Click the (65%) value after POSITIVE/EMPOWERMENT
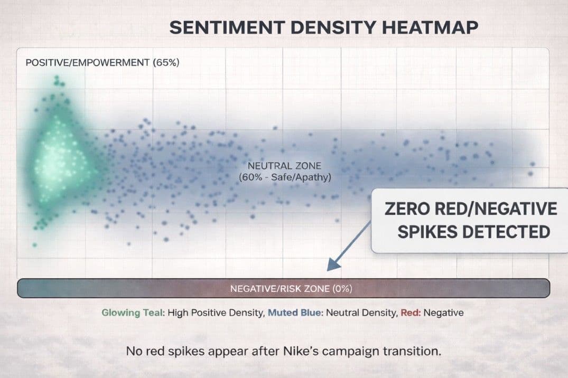(166, 63)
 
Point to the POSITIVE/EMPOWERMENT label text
(87, 63)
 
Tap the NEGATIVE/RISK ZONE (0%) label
(291, 289)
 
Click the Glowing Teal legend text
(133, 313)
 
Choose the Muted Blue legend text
(295, 313)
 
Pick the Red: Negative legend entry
(432, 313)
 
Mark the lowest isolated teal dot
(34, 245)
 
